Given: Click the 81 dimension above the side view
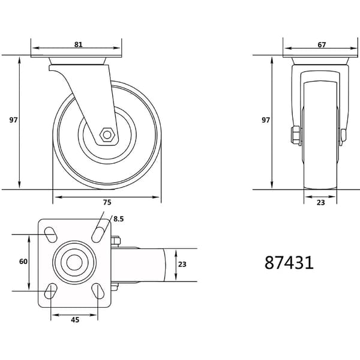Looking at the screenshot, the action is (x=78, y=44).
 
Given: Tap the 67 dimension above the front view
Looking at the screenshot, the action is (x=322, y=45).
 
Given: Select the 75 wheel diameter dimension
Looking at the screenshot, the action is (x=107, y=202).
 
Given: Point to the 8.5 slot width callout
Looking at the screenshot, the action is (x=118, y=219).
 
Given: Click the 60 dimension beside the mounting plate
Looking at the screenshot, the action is (x=23, y=262).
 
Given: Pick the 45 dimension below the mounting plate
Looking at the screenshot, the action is (x=75, y=320).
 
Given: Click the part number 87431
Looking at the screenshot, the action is (x=289, y=263).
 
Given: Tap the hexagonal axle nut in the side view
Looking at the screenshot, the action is (x=107, y=135).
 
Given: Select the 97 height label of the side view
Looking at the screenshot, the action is (x=13, y=120).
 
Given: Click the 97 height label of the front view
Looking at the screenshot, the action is (x=266, y=120).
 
